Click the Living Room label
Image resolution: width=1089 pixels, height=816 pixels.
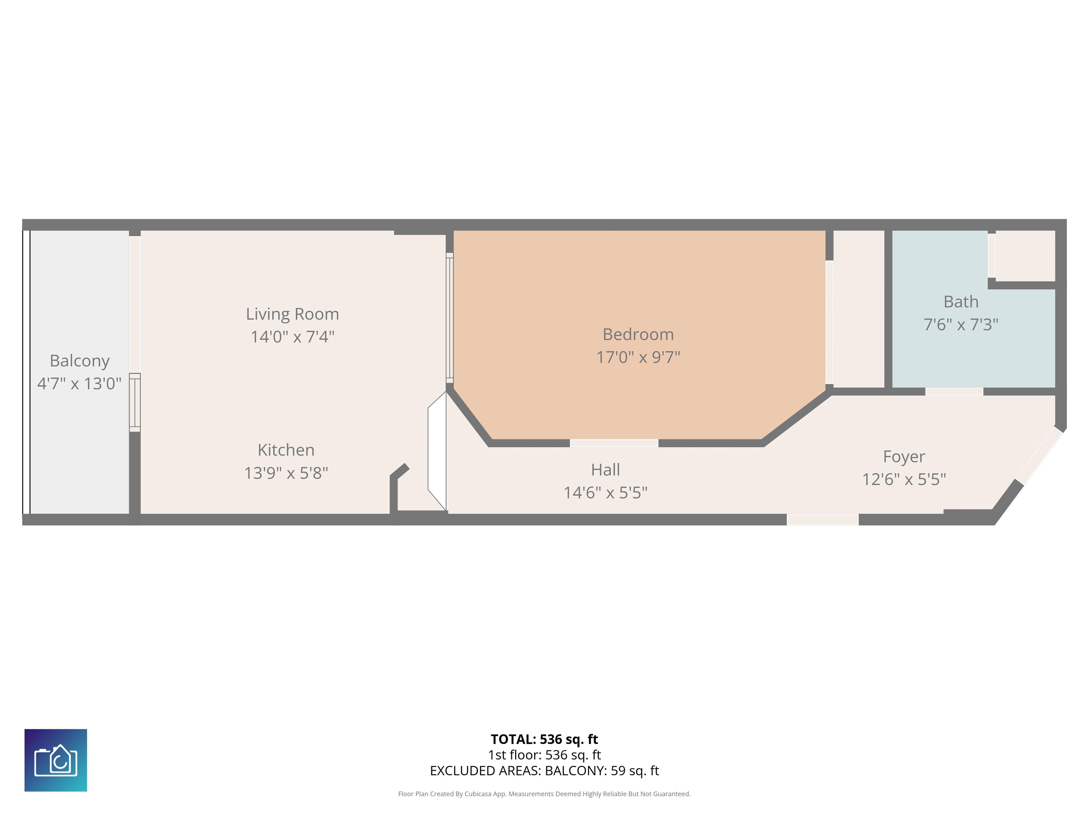click(292, 314)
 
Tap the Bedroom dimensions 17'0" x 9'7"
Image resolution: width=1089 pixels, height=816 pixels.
click(638, 357)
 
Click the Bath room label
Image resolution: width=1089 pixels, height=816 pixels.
click(961, 301)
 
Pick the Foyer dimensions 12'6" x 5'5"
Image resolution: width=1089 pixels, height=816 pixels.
click(904, 479)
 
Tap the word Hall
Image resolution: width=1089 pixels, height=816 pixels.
click(605, 470)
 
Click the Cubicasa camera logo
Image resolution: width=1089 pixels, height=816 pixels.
click(56, 760)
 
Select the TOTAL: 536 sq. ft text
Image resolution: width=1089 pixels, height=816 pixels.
click(544, 739)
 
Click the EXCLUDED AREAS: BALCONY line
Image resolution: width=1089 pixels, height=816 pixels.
click(544, 771)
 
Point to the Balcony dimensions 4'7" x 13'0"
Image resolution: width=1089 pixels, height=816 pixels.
click(79, 384)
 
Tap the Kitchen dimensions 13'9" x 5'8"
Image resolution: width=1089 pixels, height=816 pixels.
click(286, 473)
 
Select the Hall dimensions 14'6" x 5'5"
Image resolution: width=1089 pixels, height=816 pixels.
click(605, 492)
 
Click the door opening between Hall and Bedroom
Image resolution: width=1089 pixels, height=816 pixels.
click(614, 443)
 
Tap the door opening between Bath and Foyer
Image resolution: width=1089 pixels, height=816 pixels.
click(954, 391)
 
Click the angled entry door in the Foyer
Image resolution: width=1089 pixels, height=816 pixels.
click(1040, 455)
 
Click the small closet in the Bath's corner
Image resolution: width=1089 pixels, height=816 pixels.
click(1025, 256)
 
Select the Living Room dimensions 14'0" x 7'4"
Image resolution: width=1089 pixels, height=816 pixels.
click(292, 337)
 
